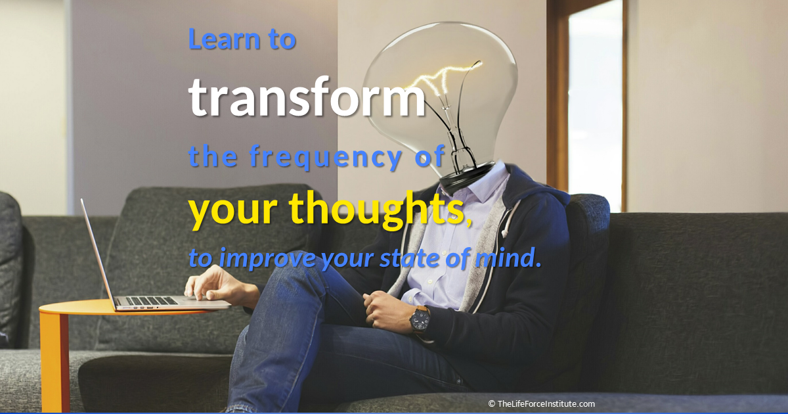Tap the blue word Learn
(x=225, y=38)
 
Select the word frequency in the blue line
(x=326, y=157)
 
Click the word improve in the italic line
(x=267, y=259)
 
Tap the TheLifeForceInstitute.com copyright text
(x=541, y=403)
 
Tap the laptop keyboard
(x=151, y=301)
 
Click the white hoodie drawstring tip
(x=505, y=233)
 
